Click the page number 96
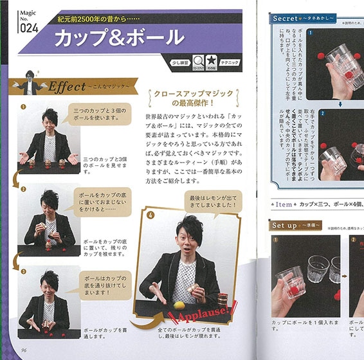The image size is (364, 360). pos(23,349)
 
